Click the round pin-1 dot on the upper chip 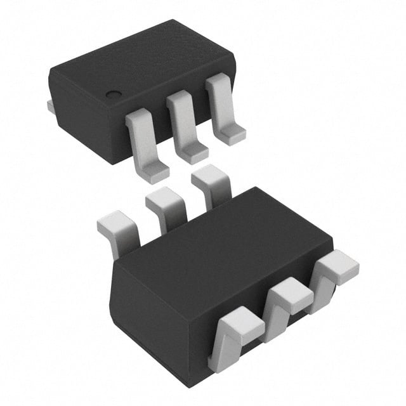point(113,95)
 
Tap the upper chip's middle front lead point(185,124)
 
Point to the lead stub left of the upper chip point(51,107)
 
